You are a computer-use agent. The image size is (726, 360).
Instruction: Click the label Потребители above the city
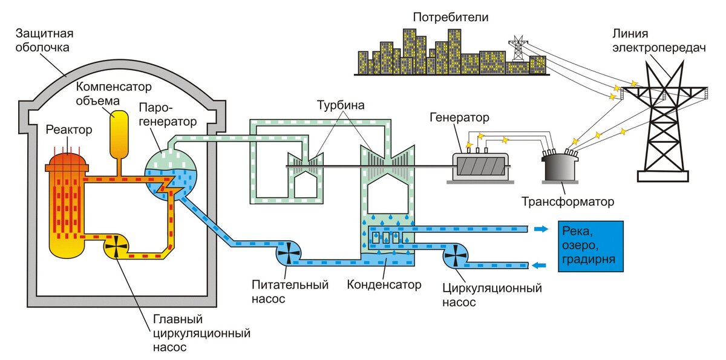(451, 17)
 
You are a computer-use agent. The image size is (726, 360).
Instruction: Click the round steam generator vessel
(171, 177)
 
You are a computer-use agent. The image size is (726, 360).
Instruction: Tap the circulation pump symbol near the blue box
(454, 256)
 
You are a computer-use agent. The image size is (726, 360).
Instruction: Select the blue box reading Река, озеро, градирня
(590, 246)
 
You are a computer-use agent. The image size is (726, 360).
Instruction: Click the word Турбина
(341, 106)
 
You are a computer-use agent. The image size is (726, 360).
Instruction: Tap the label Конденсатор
(384, 284)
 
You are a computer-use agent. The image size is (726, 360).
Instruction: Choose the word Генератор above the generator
(459, 116)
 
